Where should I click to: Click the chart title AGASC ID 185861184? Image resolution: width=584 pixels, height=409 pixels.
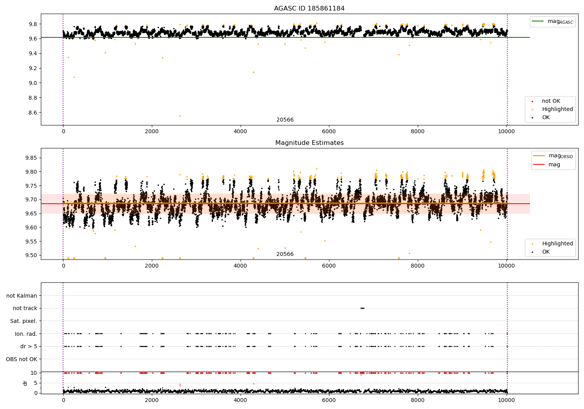point(309,9)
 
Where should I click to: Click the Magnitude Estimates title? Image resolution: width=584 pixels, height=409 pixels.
point(309,143)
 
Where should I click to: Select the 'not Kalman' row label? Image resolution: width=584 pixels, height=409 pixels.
point(22,296)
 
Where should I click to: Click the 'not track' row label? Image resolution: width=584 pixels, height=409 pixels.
point(25,308)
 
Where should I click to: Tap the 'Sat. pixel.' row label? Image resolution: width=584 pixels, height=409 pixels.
point(24,321)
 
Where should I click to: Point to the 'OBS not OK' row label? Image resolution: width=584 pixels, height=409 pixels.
point(22,359)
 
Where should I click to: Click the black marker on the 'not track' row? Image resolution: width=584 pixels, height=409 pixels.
point(362,308)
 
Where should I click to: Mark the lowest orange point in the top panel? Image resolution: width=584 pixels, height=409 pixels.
point(180,116)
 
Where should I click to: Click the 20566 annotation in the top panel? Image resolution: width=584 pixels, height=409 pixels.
point(285,120)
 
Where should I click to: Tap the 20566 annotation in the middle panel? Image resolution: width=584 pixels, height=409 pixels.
point(285,254)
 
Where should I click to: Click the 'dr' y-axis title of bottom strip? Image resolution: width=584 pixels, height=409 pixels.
point(25,383)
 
